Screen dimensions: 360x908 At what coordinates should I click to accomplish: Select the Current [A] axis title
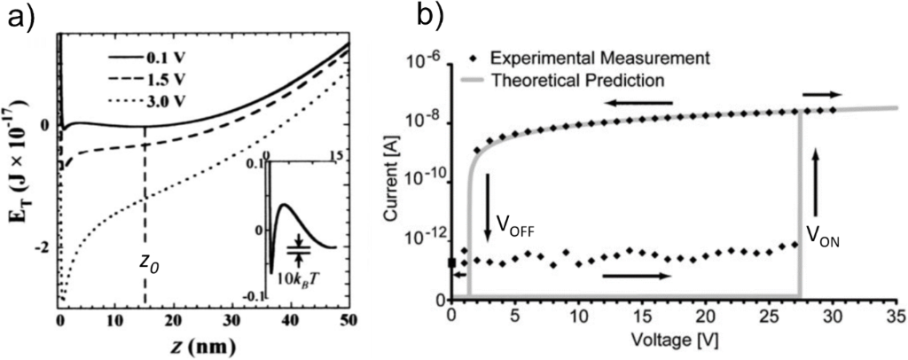tap(392, 182)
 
